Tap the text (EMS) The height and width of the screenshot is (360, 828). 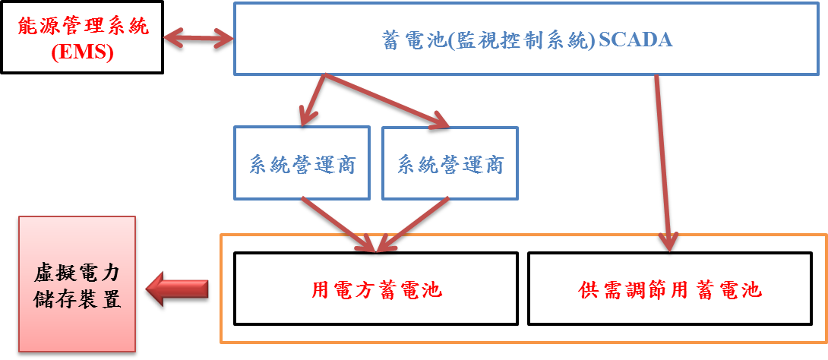(x=82, y=52)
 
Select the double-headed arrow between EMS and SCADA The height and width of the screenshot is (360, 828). (x=198, y=36)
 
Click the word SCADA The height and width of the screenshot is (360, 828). (x=636, y=39)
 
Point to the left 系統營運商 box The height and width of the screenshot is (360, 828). (x=302, y=163)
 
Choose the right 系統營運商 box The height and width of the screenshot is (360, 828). (x=450, y=163)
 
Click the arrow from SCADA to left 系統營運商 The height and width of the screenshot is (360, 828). (x=313, y=99)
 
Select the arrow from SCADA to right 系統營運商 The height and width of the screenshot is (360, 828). (x=387, y=99)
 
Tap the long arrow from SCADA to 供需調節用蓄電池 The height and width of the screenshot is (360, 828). (x=662, y=159)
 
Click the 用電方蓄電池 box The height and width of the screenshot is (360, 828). (x=376, y=289)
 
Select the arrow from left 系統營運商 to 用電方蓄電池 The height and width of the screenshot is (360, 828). (x=338, y=224)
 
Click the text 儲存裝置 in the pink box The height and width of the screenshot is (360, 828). (x=77, y=298)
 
